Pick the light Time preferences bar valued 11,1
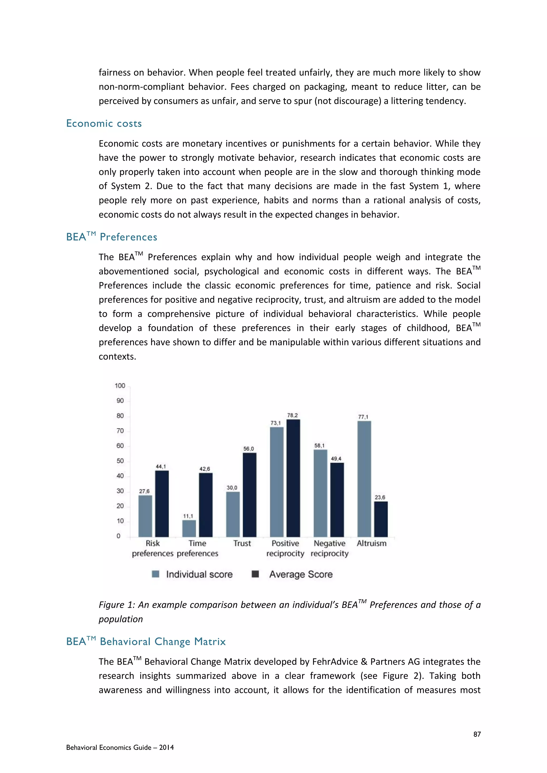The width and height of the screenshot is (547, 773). click(x=189, y=528)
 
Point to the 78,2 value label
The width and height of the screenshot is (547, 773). click(x=292, y=415)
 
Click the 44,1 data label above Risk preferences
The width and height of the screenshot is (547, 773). click(x=161, y=467)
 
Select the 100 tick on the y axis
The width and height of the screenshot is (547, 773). click(x=120, y=386)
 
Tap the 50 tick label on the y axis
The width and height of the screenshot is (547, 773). click(x=120, y=461)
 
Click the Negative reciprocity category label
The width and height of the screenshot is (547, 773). click(x=329, y=549)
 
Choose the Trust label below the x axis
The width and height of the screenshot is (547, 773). click(x=242, y=543)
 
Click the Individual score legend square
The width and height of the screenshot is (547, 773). click(x=156, y=574)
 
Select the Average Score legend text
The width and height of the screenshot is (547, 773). click(x=301, y=574)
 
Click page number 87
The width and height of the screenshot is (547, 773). click(x=477, y=734)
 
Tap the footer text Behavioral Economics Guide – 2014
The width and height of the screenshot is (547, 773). click(x=120, y=747)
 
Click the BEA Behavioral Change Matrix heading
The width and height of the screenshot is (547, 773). click(x=146, y=641)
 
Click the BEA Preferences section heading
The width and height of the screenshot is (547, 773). click(x=111, y=237)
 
